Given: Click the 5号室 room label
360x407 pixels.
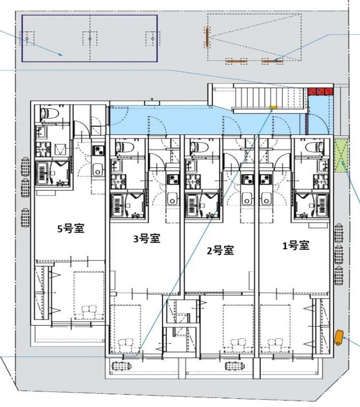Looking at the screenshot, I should pyautogui.click(x=70, y=228).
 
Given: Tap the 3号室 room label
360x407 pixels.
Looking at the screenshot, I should pyautogui.click(x=147, y=239).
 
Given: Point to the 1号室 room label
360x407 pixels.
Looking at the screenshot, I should pyautogui.click(x=296, y=245).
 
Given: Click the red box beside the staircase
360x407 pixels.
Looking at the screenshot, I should pyautogui.click(x=320, y=91).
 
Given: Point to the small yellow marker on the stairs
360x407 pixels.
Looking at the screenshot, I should pyautogui.click(x=272, y=107).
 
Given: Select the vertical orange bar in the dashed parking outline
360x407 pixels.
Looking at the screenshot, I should pyautogui.click(x=207, y=37).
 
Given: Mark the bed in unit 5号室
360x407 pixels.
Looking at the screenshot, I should pyautogui.click(x=89, y=295).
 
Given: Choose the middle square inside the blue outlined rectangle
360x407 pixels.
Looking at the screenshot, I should pyautogui.click(x=90, y=38).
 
